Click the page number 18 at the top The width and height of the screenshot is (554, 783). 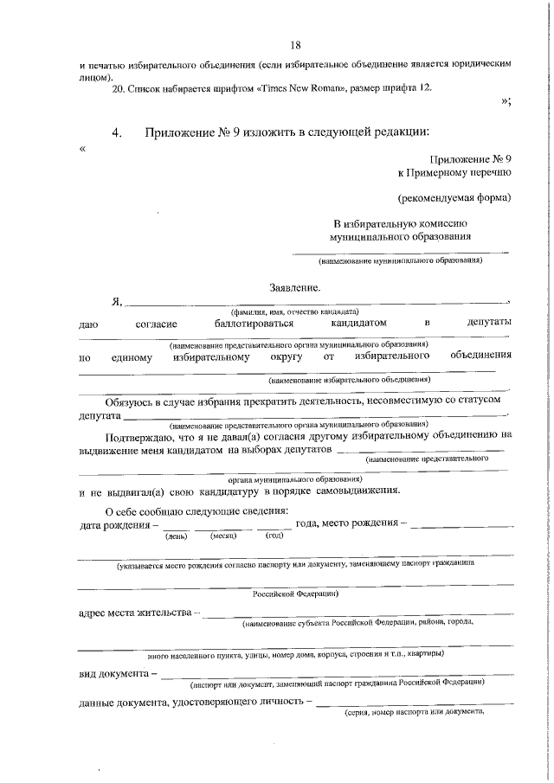295,44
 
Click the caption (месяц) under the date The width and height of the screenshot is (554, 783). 224,536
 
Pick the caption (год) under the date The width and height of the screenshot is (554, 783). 274,536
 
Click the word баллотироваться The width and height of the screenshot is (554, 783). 256,324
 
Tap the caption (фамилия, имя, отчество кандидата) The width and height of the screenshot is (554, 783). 294,311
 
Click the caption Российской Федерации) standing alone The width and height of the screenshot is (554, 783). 295,594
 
